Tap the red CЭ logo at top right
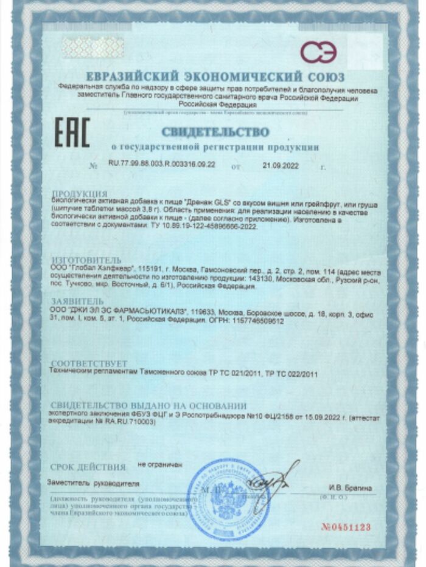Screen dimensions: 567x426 [318, 51]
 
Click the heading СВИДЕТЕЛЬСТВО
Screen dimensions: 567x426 [215, 132]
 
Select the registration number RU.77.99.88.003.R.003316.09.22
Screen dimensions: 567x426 [162, 165]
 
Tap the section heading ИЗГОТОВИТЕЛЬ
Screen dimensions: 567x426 [86, 259]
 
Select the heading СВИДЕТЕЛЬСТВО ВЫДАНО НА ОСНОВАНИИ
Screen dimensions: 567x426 [148, 405]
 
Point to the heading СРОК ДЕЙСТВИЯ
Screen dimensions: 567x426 [88, 467]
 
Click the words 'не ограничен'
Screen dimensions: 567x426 [160, 466]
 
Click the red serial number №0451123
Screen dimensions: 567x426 [346, 527]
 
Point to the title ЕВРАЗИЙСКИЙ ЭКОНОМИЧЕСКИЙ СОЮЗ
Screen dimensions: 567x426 [215, 77]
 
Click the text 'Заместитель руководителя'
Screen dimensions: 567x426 [94, 484]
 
